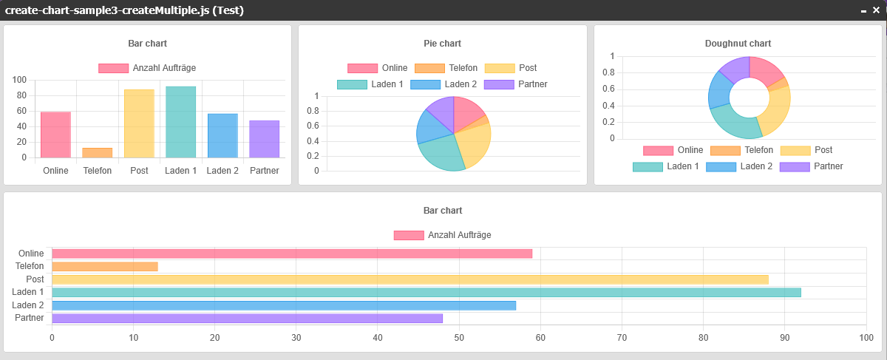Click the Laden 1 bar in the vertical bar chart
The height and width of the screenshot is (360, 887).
pos(180,122)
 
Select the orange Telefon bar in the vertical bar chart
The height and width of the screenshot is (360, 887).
pos(97,153)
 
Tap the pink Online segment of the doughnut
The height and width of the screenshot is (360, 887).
pos(767,70)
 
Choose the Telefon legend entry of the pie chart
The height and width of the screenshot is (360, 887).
pos(446,68)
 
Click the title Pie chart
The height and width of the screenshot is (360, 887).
pos(442,44)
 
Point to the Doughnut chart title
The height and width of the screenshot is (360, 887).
pos(738,44)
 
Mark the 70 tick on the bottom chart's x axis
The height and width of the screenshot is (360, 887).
pos(621,338)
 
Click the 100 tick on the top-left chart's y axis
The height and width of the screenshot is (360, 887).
pos(19,80)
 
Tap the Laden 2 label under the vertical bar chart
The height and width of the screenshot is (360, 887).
pos(222,171)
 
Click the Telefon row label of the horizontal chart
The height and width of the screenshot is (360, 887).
pos(30,266)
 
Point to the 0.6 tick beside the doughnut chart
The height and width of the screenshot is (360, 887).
pos(608,89)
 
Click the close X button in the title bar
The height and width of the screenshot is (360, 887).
pos(877,10)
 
